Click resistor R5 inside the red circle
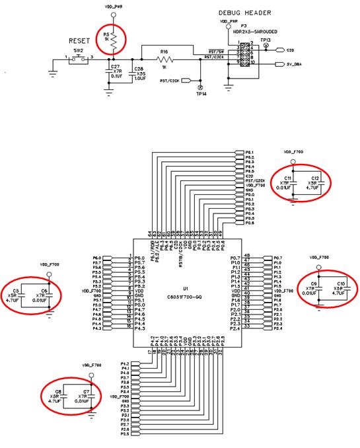point(114,42)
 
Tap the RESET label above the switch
point(79,40)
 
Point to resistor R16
point(164,59)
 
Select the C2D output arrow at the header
point(281,50)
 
